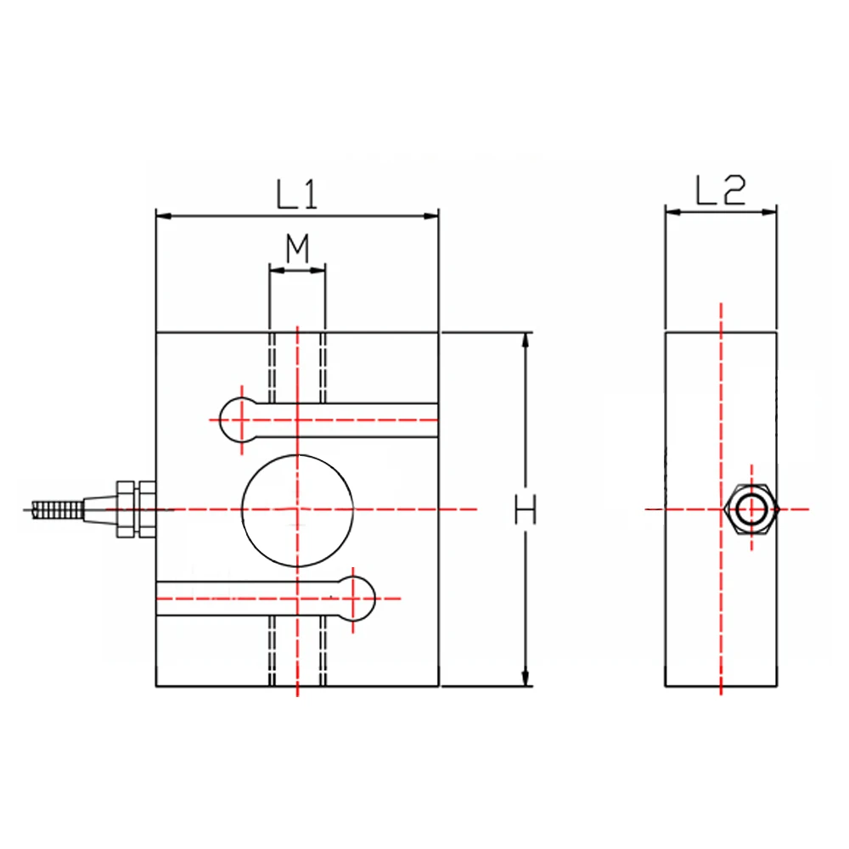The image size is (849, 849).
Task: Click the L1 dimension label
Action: pos(296,195)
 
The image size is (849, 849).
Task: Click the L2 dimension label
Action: pos(720,192)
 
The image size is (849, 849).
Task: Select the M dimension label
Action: pos(296,250)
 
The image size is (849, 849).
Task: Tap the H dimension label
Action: pos(526,510)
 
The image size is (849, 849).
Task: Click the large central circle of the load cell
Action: pos(297,509)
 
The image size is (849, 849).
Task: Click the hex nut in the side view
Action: pos(751,509)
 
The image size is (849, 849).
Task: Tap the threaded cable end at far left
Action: pos(56,509)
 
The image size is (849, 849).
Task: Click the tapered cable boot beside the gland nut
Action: pos(99,509)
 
